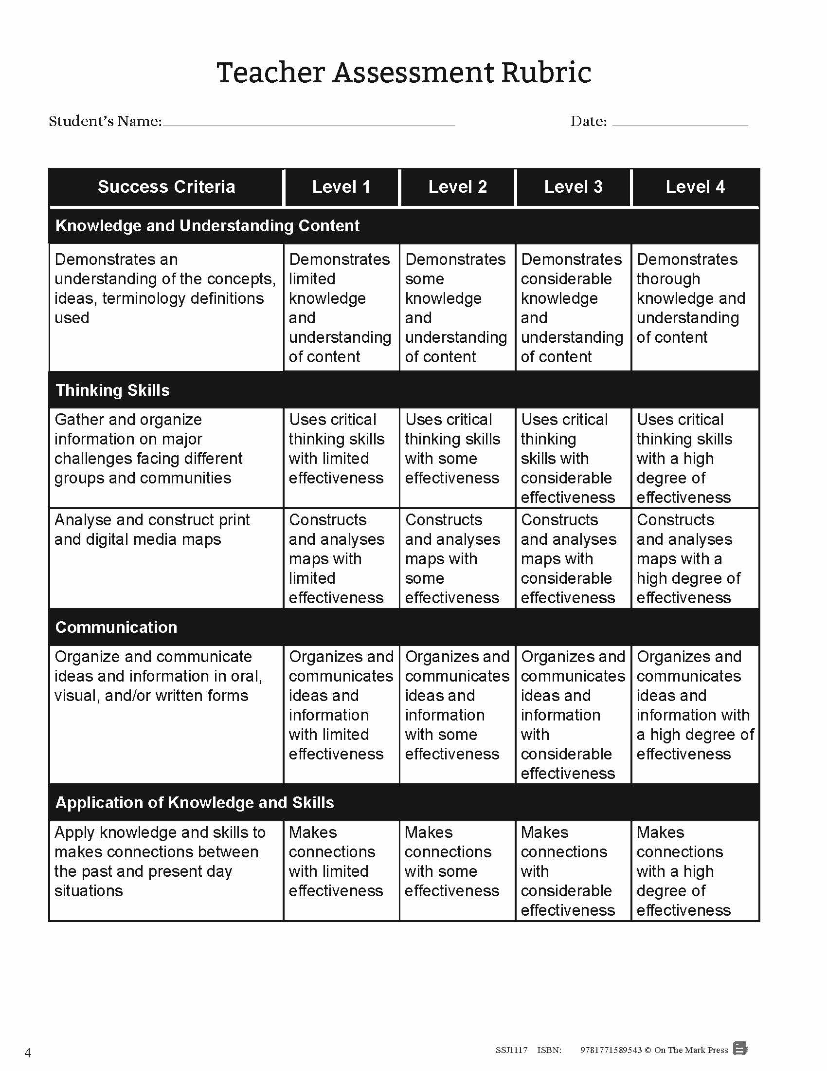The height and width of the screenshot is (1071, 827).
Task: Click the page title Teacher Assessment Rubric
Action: point(404,73)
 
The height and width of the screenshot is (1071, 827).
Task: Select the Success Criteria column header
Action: point(166,187)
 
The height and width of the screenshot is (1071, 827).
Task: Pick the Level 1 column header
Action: point(341,187)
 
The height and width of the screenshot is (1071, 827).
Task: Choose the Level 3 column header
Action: point(573,187)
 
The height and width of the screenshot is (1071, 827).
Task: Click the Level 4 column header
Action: point(695,187)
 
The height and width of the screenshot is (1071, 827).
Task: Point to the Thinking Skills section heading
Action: point(112,390)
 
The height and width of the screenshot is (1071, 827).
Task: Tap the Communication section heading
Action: point(116,627)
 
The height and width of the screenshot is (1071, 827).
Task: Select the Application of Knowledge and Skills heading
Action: point(195,803)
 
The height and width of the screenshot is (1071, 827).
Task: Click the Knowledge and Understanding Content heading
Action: point(207,225)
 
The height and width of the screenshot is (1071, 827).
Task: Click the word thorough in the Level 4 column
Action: point(668,279)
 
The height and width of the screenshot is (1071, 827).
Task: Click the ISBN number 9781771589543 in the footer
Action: point(611,1050)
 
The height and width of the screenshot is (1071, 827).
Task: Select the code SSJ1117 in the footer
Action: point(511,1050)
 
